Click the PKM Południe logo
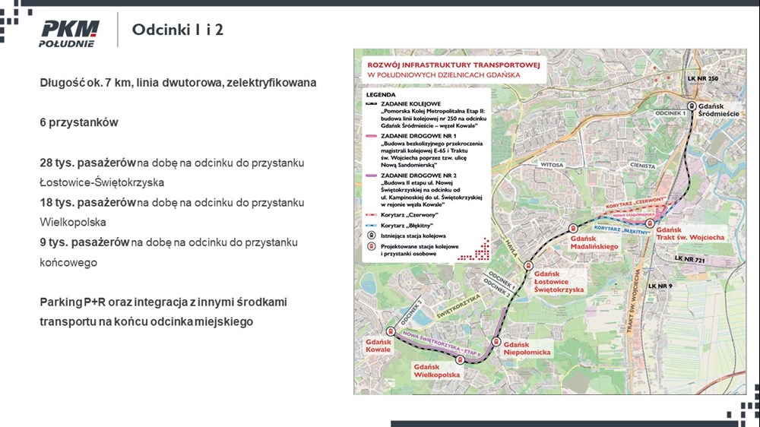(x=68, y=33)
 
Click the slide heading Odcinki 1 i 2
(x=178, y=30)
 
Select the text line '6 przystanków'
(x=79, y=122)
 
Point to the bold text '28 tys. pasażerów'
(x=88, y=163)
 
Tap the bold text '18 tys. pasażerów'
(x=88, y=203)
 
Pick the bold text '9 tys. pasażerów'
(x=85, y=242)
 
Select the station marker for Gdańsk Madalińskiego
(x=573, y=229)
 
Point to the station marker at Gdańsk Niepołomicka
(x=498, y=342)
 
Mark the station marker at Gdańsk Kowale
(x=390, y=331)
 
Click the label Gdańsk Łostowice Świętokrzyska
(x=559, y=282)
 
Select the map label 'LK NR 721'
(x=690, y=258)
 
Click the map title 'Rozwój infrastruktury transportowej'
(x=453, y=66)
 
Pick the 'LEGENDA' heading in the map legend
(x=381, y=94)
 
